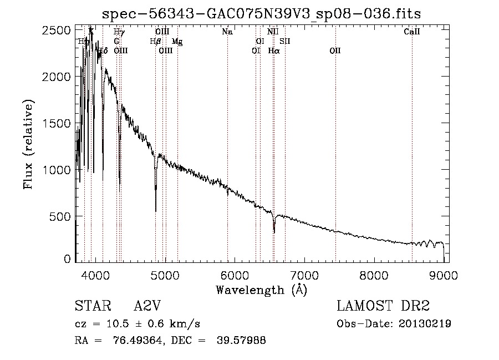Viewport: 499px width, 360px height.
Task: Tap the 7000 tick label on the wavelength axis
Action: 304,275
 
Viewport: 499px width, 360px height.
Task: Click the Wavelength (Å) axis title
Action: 261,290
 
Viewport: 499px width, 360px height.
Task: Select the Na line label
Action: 227,32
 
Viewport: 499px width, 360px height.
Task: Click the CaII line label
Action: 412,32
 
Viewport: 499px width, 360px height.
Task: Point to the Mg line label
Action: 177,42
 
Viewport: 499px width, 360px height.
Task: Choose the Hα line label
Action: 274,51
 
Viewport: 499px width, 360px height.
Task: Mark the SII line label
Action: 285,42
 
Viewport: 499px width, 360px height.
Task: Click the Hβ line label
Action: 155,42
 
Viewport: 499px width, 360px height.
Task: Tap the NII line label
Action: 273,32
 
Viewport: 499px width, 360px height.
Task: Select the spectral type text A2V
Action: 147,306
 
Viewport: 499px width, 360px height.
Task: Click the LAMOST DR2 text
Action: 383,306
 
